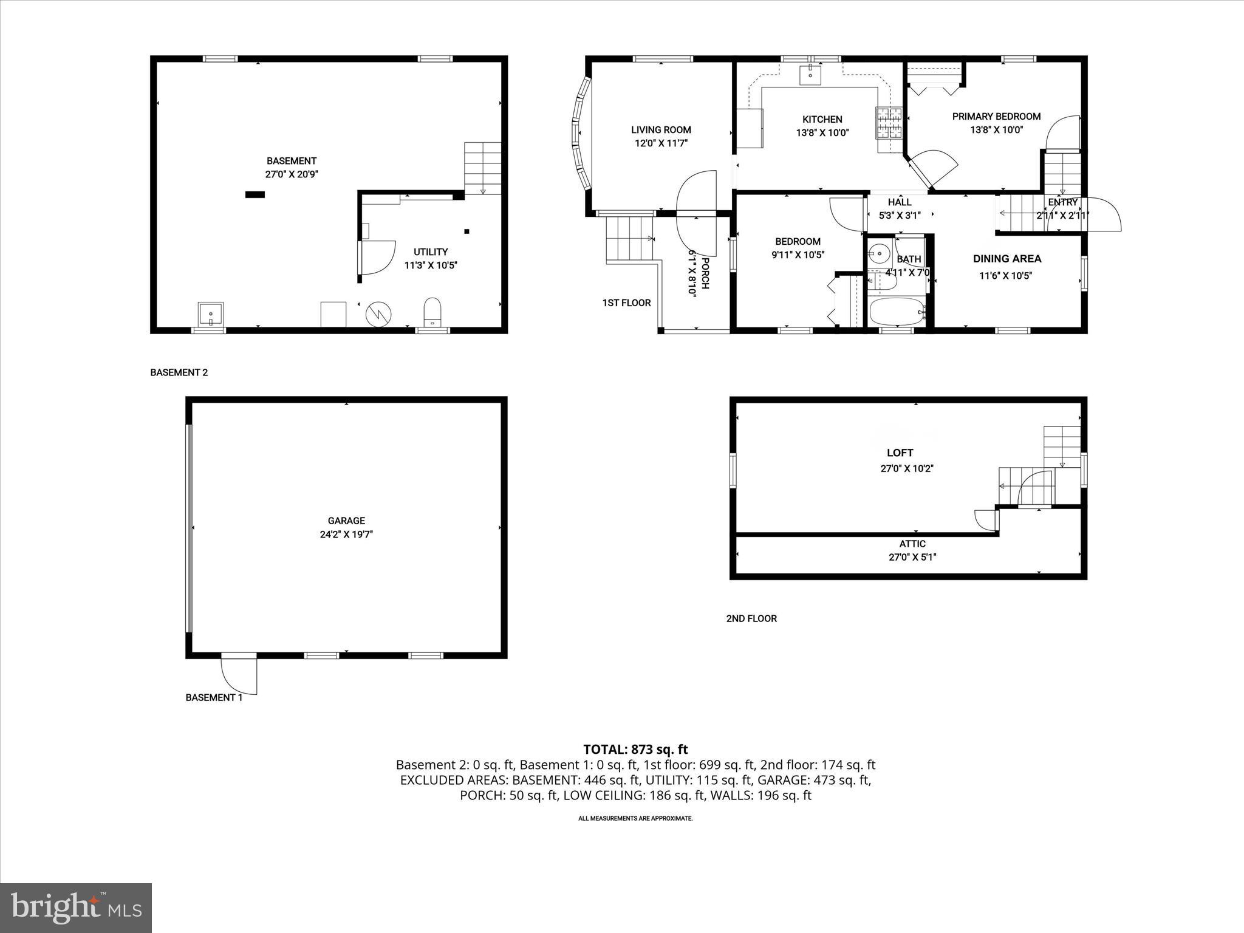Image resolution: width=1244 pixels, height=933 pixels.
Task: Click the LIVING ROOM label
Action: (x=661, y=129)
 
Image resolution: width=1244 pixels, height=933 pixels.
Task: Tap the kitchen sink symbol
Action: (x=811, y=74)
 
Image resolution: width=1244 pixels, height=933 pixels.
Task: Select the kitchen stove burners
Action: (x=888, y=122)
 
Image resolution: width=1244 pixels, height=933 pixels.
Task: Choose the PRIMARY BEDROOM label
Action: (x=996, y=116)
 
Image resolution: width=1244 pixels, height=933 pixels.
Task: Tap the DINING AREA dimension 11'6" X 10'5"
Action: (x=1005, y=275)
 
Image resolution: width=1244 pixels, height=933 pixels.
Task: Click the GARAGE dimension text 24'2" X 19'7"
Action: (x=346, y=535)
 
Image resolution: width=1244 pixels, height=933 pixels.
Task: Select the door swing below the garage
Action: (x=239, y=675)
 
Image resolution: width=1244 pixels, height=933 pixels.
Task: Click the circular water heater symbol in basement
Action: (x=378, y=314)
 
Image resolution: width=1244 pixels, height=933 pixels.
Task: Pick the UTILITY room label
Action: (x=431, y=251)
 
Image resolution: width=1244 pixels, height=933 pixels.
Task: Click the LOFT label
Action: (x=900, y=453)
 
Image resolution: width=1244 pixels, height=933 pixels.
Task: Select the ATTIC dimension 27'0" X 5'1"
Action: (x=912, y=557)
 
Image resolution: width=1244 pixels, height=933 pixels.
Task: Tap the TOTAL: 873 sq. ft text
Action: (x=635, y=750)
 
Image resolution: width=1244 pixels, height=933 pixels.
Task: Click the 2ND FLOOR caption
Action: (x=751, y=618)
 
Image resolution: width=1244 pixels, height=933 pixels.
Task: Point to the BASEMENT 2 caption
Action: (x=179, y=372)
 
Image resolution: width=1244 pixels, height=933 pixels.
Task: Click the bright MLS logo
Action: (x=76, y=908)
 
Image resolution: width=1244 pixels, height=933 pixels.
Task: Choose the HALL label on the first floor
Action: (x=900, y=202)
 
